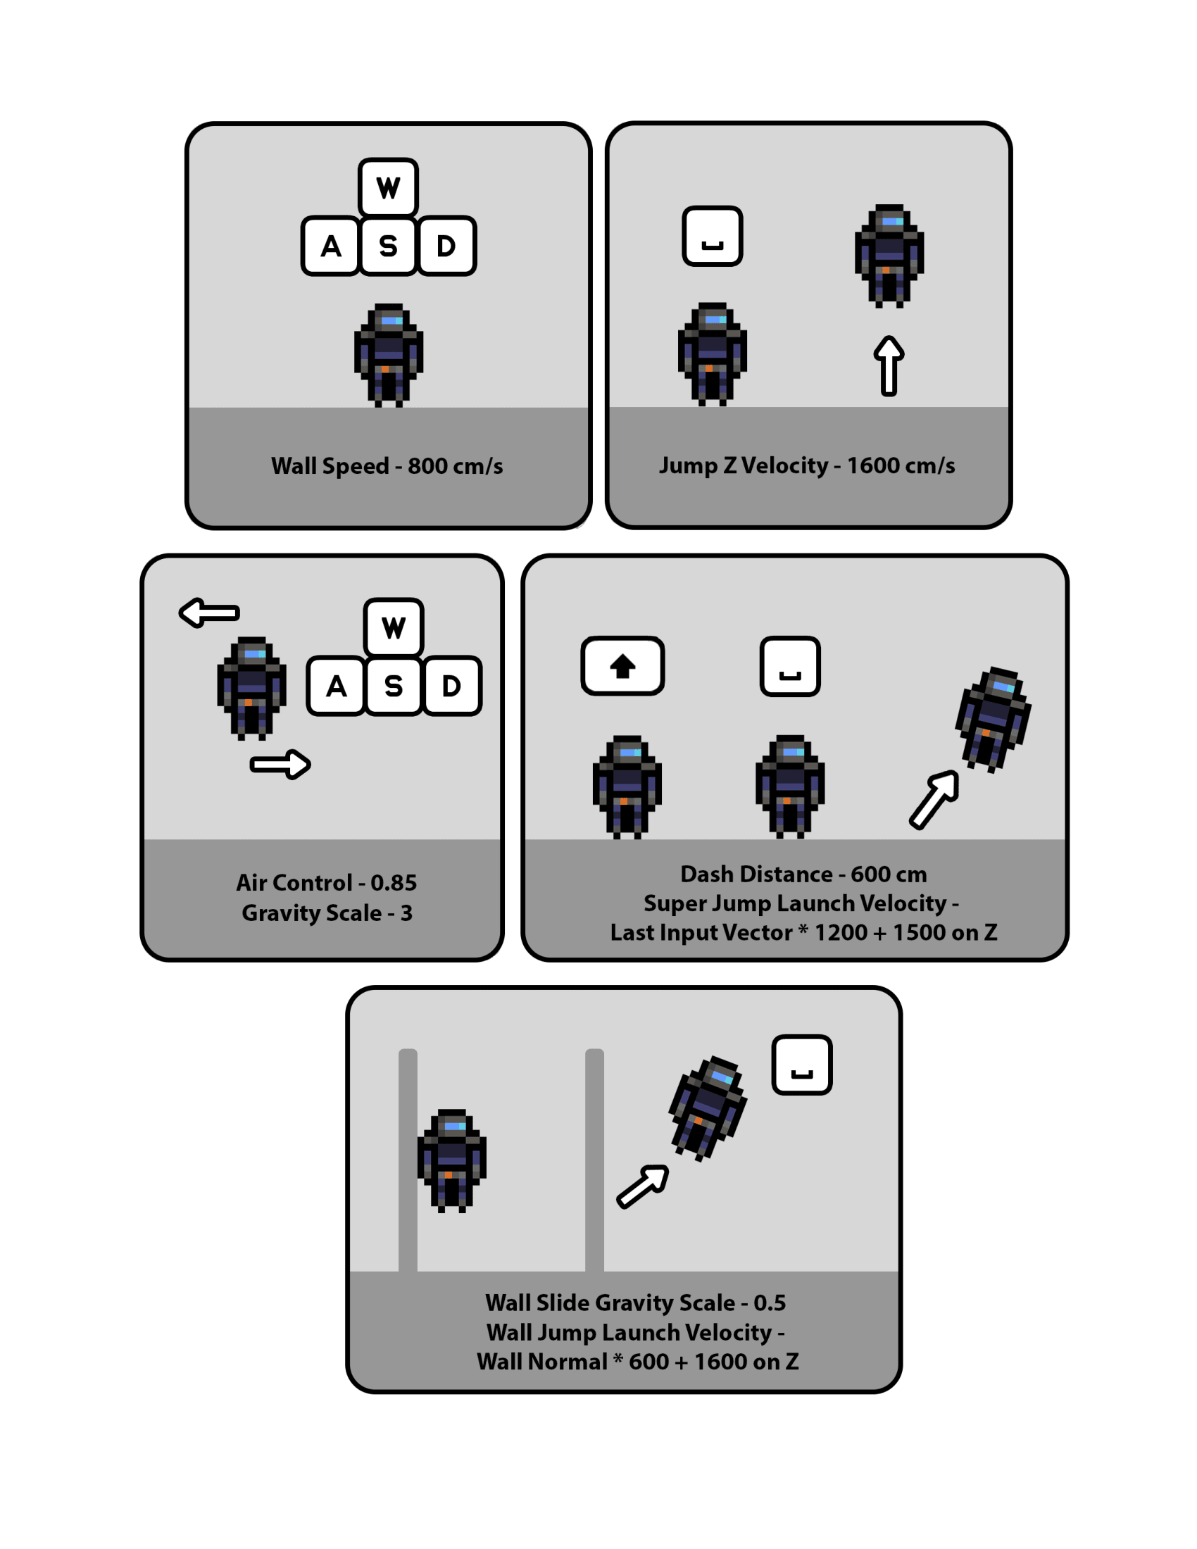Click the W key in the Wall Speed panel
(388, 187)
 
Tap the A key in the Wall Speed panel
(330, 246)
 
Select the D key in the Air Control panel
(452, 686)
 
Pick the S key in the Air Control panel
(394, 686)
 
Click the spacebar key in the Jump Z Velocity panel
(712, 236)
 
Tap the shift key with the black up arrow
(622, 666)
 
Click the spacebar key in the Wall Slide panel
(801, 1065)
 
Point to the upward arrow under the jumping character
(889, 365)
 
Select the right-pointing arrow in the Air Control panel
(281, 764)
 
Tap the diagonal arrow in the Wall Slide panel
(642, 1186)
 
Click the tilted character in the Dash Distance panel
(993, 719)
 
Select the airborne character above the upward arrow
(889, 256)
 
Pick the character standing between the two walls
(452, 1160)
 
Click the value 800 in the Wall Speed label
(427, 466)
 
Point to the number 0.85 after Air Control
(394, 882)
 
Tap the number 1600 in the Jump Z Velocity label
(873, 465)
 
